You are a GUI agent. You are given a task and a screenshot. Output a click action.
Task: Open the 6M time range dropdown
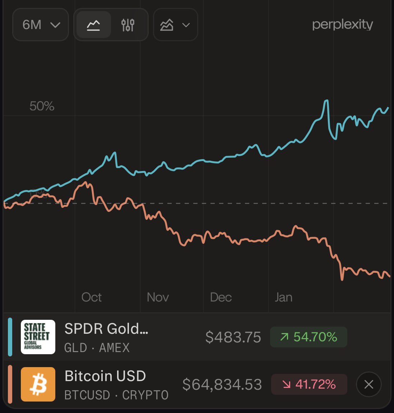point(40,25)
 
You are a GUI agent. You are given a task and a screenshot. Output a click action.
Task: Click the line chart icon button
point(93,25)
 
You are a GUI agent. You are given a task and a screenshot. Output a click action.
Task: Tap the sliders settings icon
point(128,25)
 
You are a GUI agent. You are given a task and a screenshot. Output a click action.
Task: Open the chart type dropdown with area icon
point(175,25)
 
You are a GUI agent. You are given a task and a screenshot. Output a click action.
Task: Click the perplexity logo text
point(342,24)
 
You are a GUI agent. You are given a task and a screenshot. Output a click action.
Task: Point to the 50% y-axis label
point(42,106)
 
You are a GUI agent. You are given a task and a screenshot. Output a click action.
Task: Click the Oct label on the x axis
point(92,297)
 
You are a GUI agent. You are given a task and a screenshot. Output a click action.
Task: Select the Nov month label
point(158,297)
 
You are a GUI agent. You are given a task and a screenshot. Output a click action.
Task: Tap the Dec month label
point(221,297)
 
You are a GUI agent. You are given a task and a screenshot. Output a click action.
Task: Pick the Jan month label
point(283,297)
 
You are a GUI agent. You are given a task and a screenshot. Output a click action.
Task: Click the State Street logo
point(38,337)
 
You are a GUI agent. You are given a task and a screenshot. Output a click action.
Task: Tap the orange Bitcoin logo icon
point(38,384)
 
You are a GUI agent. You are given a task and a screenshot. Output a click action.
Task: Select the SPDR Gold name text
point(106,329)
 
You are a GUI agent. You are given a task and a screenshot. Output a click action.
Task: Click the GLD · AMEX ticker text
point(97,348)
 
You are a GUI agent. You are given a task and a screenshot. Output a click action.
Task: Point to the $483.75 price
point(233,337)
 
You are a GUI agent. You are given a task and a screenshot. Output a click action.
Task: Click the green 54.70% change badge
point(309,337)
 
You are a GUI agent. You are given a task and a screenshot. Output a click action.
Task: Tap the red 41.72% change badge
point(309,384)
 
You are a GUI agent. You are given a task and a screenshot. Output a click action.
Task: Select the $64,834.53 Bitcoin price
point(222,385)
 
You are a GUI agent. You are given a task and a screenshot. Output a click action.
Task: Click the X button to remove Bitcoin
point(368,385)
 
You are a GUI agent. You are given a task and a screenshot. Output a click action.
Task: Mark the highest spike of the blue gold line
point(326,101)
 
